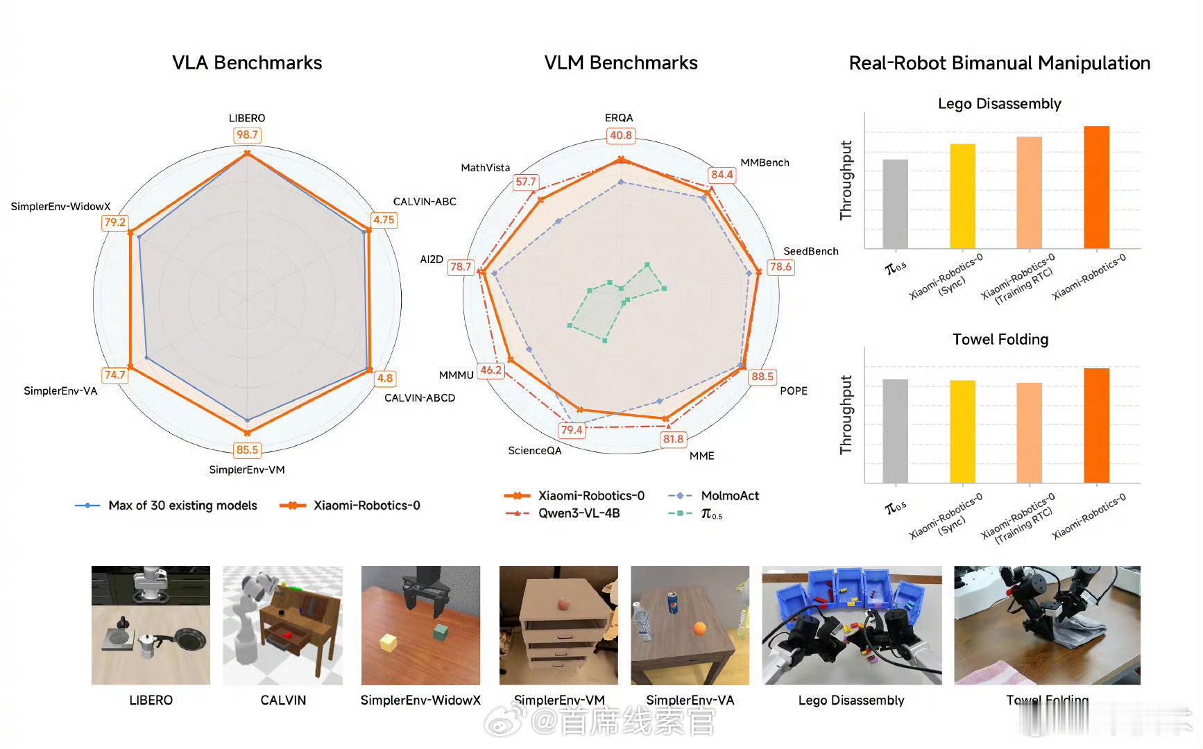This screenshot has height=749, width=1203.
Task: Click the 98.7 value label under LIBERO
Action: (247, 135)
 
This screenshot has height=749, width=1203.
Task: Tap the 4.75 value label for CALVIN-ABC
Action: (384, 220)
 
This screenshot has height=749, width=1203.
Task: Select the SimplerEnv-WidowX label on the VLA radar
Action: (61, 207)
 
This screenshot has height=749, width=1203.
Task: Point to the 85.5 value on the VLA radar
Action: (247, 450)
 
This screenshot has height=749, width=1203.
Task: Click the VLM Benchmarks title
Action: (621, 63)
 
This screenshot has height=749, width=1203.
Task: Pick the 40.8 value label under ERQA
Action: (621, 136)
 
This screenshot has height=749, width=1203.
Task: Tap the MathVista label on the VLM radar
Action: (486, 168)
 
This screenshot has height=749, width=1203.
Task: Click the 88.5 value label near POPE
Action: (762, 377)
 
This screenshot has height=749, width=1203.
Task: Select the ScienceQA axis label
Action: (535, 451)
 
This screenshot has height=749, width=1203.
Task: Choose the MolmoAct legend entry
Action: (729, 496)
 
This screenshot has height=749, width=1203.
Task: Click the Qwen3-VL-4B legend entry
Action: (578, 514)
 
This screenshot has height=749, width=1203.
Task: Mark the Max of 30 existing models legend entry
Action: (182, 506)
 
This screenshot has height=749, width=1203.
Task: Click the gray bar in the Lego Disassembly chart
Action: (895, 204)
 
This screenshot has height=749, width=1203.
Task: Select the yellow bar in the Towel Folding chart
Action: (962, 431)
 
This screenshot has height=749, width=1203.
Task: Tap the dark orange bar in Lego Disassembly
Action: (1096, 187)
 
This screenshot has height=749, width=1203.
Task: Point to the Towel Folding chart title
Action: (1000, 340)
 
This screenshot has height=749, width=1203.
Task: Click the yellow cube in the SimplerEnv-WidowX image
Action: (389, 642)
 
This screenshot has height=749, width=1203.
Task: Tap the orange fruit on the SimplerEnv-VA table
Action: (699, 628)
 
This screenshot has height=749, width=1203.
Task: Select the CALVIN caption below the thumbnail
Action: (283, 700)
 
